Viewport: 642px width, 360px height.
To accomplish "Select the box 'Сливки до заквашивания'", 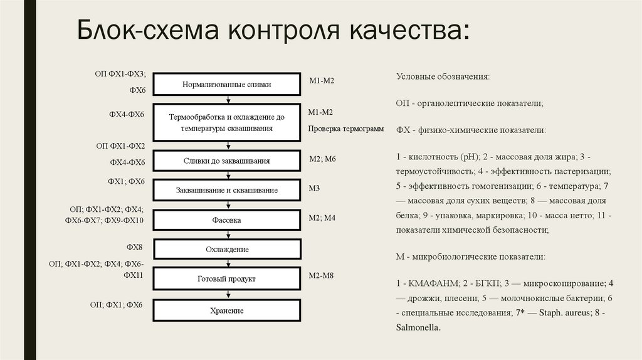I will coord(228,161).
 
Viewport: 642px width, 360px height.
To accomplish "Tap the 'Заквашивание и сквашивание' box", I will coord(228,190).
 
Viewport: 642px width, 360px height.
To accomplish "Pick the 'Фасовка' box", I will coord(228,220).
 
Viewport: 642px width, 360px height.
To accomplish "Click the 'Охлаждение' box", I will coord(228,250).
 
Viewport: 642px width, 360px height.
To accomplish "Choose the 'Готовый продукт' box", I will coord(228,278).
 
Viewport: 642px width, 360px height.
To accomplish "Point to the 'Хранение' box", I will coord(228,310).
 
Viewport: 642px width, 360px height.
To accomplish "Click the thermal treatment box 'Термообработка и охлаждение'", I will coord(228,122).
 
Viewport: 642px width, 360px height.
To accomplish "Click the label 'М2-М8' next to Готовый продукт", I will coord(322,275).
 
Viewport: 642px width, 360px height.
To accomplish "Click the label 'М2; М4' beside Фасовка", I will coord(322,218).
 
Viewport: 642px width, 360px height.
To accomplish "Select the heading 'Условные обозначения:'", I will coord(443,76).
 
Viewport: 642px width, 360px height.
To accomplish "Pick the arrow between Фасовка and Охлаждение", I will coord(228,235).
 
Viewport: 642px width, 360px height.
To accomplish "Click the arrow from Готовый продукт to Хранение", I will coord(228,294).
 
